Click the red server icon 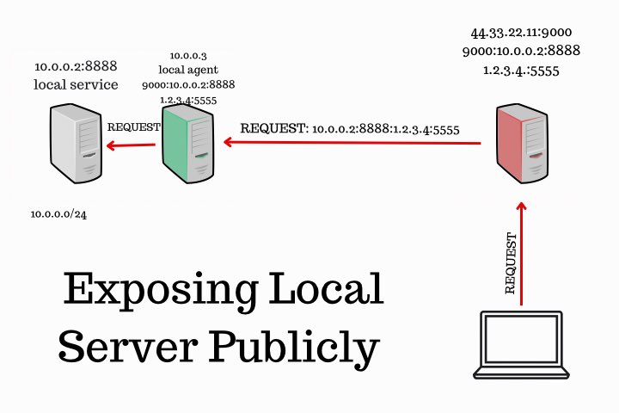[x=522, y=143]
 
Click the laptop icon [x=521, y=345]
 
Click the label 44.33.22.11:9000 [x=521, y=33]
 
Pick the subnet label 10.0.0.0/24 [x=58, y=214]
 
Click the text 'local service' [x=76, y=84]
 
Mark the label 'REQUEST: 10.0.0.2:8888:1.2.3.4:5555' [x=350, y=129]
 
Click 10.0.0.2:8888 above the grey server [x=76, y=65]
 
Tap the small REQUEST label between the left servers [x=133, y=126]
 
